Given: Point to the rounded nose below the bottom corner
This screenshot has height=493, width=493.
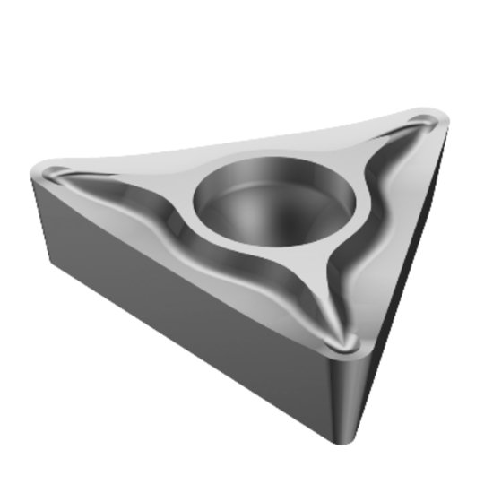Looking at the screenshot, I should point(345,394).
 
